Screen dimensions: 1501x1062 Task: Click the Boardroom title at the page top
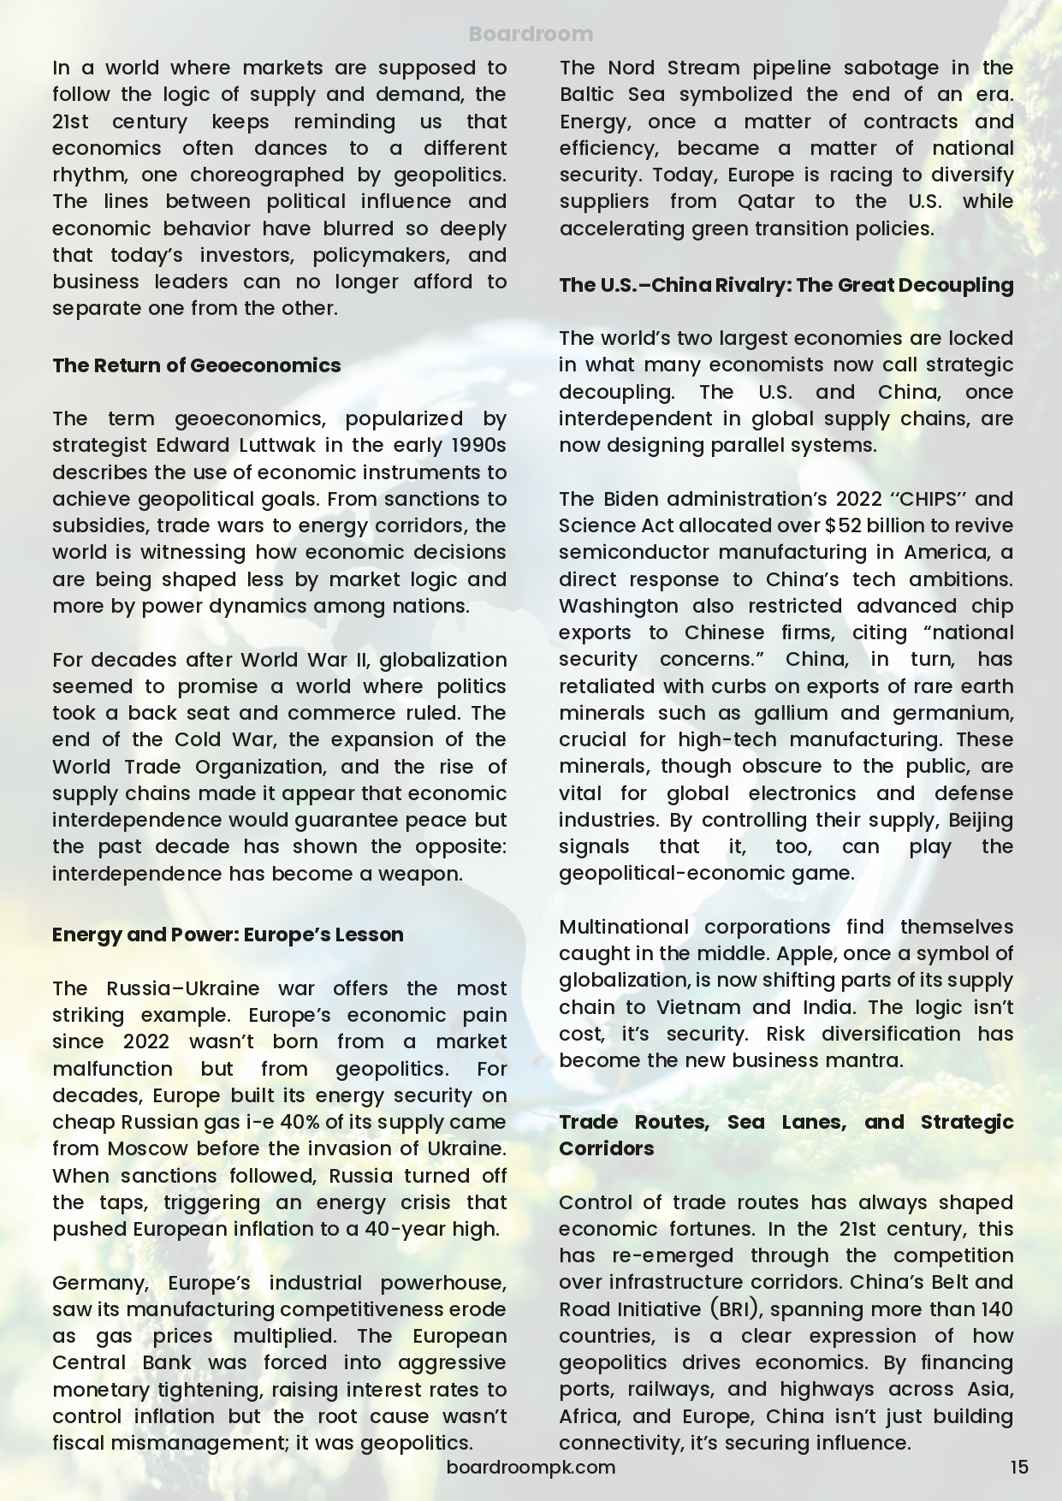[531, 34]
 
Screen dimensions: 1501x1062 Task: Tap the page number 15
[1018, 1467]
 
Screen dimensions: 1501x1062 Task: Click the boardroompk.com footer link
[531, 1467]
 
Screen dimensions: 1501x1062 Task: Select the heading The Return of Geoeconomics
[196, 365]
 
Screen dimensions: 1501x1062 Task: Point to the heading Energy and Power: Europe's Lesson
[228, 934]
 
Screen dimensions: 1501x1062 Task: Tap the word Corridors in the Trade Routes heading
[606, 1148]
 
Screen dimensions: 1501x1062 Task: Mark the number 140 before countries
[994, 1309]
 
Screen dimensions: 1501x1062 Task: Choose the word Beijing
[981, 820]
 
